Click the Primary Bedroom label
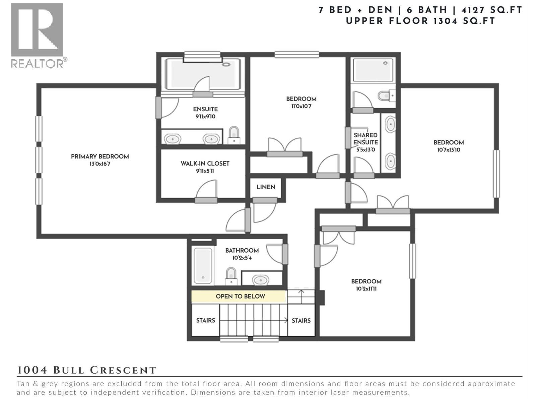100,156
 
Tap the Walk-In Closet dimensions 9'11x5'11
205,171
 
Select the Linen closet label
266,187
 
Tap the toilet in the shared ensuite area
386,96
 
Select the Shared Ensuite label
365,139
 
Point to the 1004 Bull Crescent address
86,370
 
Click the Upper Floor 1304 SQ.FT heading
420,21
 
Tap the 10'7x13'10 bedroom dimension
449,150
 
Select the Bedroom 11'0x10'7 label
301,99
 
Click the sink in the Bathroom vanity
260,280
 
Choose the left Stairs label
205,321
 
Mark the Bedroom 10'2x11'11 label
366,281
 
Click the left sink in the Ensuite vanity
172,139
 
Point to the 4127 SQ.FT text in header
492,10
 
